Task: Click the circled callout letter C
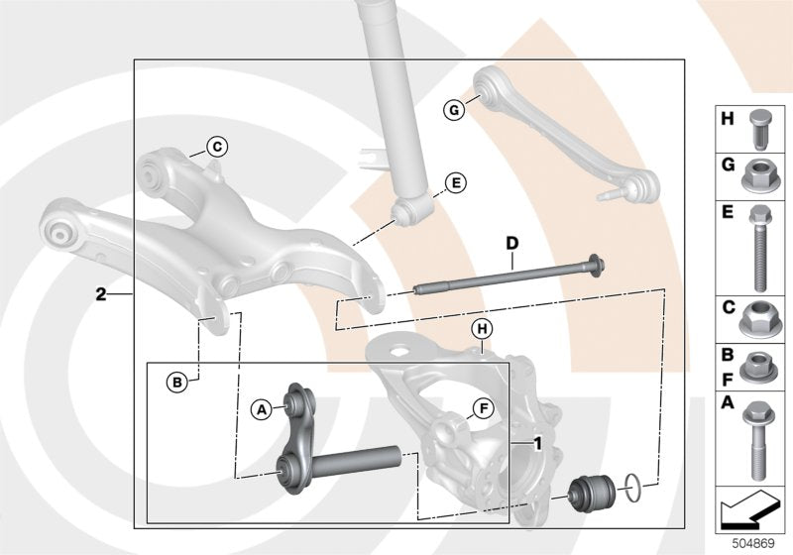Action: click(x=217, y=149)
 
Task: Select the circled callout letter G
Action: click(x=453, y=110)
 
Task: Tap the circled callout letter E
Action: click(x=455, y=182)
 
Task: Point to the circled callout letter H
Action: click(x=481, y=329)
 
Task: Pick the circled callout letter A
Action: click(x=261, y=406)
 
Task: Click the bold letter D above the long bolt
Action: click(x=511, y=243)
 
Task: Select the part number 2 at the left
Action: click(x=101, y=294)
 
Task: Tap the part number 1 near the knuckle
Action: click(x=537, y=443)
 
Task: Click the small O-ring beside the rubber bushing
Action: click(x=634, y=486)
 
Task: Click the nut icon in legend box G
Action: click(x=757, y=176)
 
